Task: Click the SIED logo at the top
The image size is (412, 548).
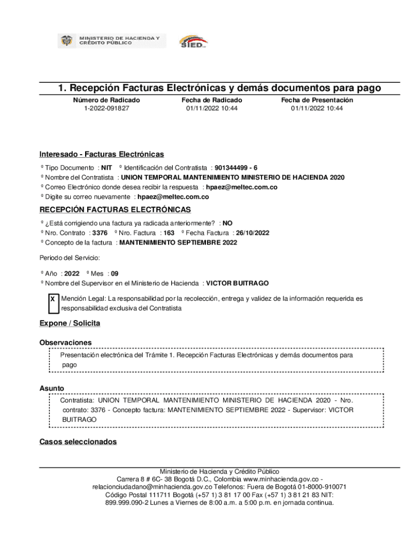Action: coord(193,41)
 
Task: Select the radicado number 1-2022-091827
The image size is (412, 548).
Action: coord(106,108)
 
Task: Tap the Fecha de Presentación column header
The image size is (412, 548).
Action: coord(317,100)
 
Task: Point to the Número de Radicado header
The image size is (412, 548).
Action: coord(106,100)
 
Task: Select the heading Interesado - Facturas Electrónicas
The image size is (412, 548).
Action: coord(102,154)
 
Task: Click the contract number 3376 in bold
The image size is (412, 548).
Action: coord(100,233)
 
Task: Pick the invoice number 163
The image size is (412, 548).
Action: coord(169,233)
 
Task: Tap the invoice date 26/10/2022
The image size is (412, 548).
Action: coord(253,233)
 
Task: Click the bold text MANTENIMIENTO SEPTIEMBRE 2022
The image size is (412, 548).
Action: coord(178,242)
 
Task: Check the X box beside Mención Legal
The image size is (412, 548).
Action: coord(52,299)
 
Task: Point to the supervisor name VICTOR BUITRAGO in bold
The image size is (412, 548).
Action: coord(238,283)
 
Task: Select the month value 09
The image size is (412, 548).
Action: coord(115,273)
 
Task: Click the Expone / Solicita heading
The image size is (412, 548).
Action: coord(70,323)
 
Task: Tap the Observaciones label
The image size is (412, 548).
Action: coord(65,342)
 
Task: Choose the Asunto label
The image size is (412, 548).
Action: coord(52,388)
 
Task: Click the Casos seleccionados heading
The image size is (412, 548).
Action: coord(78,442)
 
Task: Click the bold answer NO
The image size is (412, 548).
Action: coord(227,223)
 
